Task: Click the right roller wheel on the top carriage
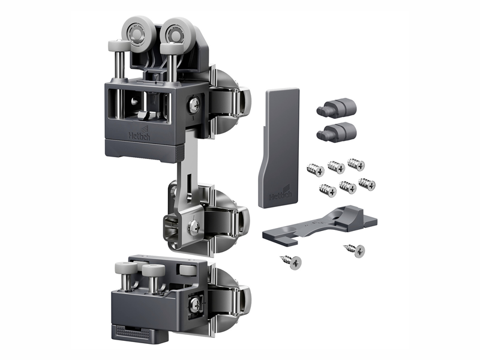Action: [x=176, y=32]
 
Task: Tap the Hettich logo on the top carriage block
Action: [x=140, y=134]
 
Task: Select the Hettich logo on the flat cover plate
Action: [x=280, y=193]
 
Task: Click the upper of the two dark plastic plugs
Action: [x=337, y=107]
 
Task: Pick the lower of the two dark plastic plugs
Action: [x=337, y=131]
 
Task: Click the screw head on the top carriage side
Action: [x=194, y=104]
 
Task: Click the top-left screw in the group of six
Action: [x=316, y=170]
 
